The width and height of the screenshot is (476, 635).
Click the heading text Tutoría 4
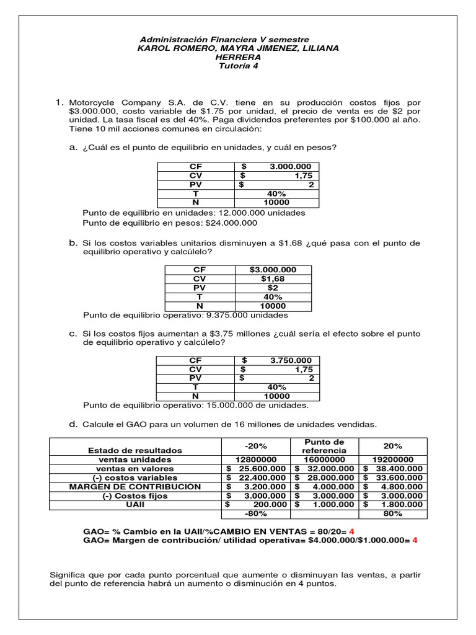tap(238, 66)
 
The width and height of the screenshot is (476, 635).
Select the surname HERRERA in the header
tap(238, 57)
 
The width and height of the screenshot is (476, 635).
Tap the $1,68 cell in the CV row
tap(273, 279)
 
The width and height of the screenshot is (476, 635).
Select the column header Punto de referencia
tap(324, 446)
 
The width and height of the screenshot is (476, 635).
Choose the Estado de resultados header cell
tap(135, 450)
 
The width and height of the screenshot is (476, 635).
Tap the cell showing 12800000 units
tap(255, 460)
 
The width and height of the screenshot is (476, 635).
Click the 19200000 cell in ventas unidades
tap(393, 460)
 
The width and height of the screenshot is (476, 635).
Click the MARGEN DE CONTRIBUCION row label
tap(135, 487)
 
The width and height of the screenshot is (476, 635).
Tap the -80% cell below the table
tap(255, 514)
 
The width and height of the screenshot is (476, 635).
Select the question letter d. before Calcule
tap(73, 424)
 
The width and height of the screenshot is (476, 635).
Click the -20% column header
tap(255, 446)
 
